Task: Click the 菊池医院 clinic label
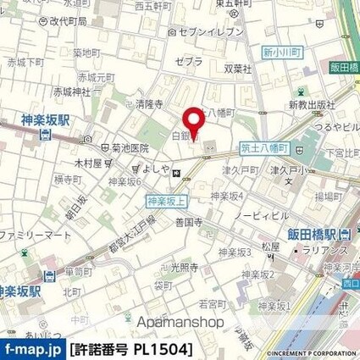click(108, 146)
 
